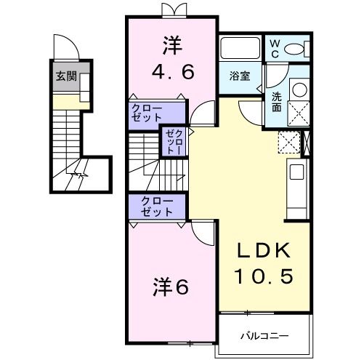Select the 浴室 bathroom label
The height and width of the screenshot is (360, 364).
click(x=240, y=75)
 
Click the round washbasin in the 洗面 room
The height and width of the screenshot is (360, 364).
click(x=298, y=90)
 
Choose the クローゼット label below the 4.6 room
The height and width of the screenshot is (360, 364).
click(x=147, y=113)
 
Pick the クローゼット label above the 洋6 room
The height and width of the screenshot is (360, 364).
click(x=155, y=207)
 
